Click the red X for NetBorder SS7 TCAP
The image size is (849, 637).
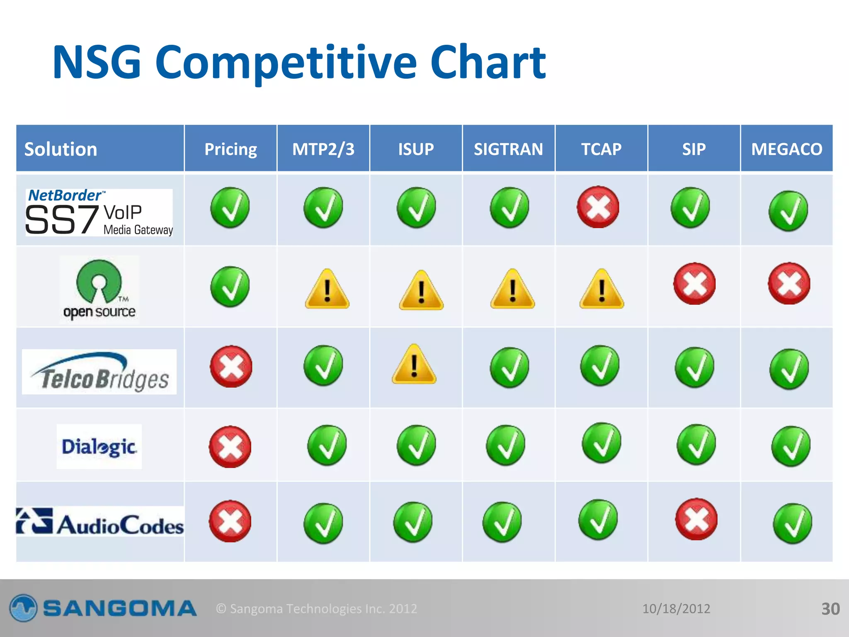(x=598, y=207)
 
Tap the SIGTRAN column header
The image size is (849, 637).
(x=508, y=149)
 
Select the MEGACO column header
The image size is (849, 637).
(x=786, y=149)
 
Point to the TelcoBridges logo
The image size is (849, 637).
(x=99, y=372)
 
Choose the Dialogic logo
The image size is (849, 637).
(x=99, y=447)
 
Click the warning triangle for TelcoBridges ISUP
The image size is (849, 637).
(x=414, y=365)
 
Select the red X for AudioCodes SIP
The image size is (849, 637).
(x=696, y=519)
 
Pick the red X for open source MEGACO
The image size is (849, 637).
(x=789, y=284)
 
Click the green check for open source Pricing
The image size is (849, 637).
(x=230, y=287)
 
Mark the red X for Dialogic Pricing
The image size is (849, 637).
(x=230, y=447)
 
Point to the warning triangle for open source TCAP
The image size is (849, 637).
(x=602, y=289)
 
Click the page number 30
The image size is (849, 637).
(x=830, y=609)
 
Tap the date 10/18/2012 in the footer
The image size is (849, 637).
(x=676, y=609)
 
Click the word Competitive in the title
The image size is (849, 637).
(x=286, y=63)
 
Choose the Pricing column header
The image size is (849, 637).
(x=230, y=149)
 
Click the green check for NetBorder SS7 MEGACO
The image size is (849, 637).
(x=788, y=211)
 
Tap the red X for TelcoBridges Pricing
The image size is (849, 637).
(x=231, y=367)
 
